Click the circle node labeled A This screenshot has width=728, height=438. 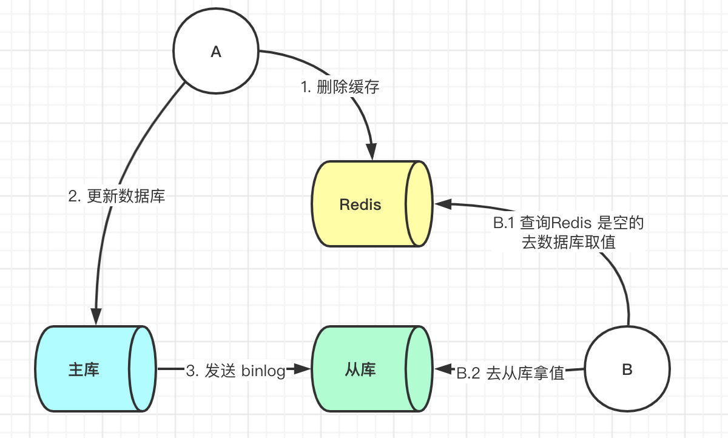tap(215, 52)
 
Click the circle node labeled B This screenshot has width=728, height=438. tap(627, 369)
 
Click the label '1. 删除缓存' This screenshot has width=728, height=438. tap(340, 87)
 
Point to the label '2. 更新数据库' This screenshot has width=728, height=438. tap(116, 197)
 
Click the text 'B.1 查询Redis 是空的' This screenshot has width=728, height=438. tap(568, 223)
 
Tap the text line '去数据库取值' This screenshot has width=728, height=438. tap(568, 242)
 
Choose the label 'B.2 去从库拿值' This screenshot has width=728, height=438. tap(510, 373)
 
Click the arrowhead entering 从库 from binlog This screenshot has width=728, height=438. tap(301, 369)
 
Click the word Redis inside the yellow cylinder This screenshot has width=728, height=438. tap(360, 204)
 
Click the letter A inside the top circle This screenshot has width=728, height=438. tap(215, 52)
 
